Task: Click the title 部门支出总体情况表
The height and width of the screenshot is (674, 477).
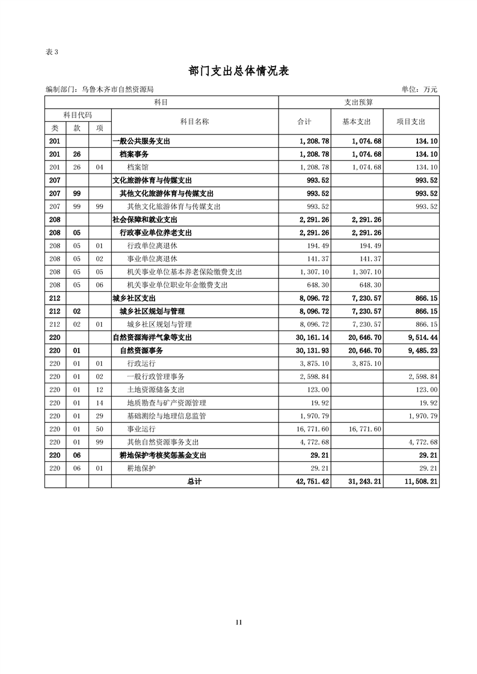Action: point(239,71)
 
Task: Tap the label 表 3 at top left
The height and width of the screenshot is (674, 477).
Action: point(52,52)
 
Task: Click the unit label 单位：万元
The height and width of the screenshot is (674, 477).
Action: point(419,90)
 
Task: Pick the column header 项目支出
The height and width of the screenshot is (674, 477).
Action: point(411,121)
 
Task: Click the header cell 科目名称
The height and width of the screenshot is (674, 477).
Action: point(195,121)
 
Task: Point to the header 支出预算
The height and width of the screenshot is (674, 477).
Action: point(359,103)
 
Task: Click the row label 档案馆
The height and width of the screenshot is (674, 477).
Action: point(138,167)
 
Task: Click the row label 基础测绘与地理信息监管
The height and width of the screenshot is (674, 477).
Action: point(167,416)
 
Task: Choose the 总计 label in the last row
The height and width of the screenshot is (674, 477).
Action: point(194,481)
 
